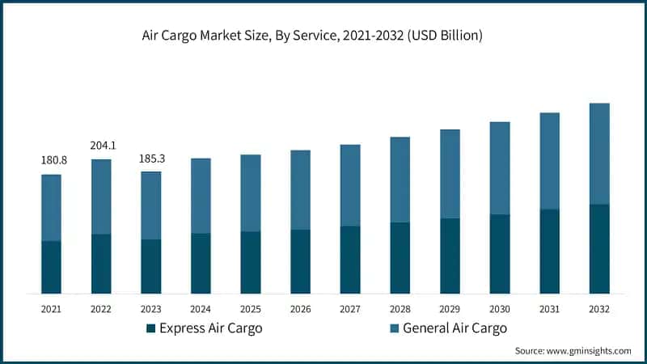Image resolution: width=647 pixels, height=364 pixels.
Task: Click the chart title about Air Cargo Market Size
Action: (323, 37)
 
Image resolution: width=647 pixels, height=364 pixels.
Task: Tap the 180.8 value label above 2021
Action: (53, 160)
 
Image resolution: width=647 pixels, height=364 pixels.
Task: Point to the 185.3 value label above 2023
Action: (151, 159)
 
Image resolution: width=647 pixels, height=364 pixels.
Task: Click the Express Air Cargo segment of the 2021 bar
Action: (52, 267)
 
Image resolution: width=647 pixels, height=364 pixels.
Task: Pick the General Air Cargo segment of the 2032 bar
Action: (599, 154)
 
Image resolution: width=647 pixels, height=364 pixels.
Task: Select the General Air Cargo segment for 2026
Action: (300, 190)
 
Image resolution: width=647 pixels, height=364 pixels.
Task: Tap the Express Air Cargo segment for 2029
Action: (450, 256)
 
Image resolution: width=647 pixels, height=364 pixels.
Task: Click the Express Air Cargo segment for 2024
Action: (201, 263)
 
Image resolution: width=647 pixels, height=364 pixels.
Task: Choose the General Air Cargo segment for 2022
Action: (101, 197)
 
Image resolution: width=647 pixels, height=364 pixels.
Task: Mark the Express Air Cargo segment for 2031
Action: (550, 251)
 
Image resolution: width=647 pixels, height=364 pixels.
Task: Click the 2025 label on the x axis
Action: (251, 309)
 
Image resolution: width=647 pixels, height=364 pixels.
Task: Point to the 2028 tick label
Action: (400, 309)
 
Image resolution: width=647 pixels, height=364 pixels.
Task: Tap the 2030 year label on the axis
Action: (500, 309)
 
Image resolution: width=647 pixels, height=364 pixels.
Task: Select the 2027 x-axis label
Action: (350, 309)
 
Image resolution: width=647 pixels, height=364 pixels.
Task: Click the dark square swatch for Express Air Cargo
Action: (150, 328)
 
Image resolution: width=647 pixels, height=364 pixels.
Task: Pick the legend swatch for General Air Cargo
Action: (394, 328)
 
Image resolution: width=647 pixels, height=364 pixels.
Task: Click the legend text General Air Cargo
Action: (455, 328)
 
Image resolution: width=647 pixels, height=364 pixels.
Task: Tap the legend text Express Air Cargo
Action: (210, 328)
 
